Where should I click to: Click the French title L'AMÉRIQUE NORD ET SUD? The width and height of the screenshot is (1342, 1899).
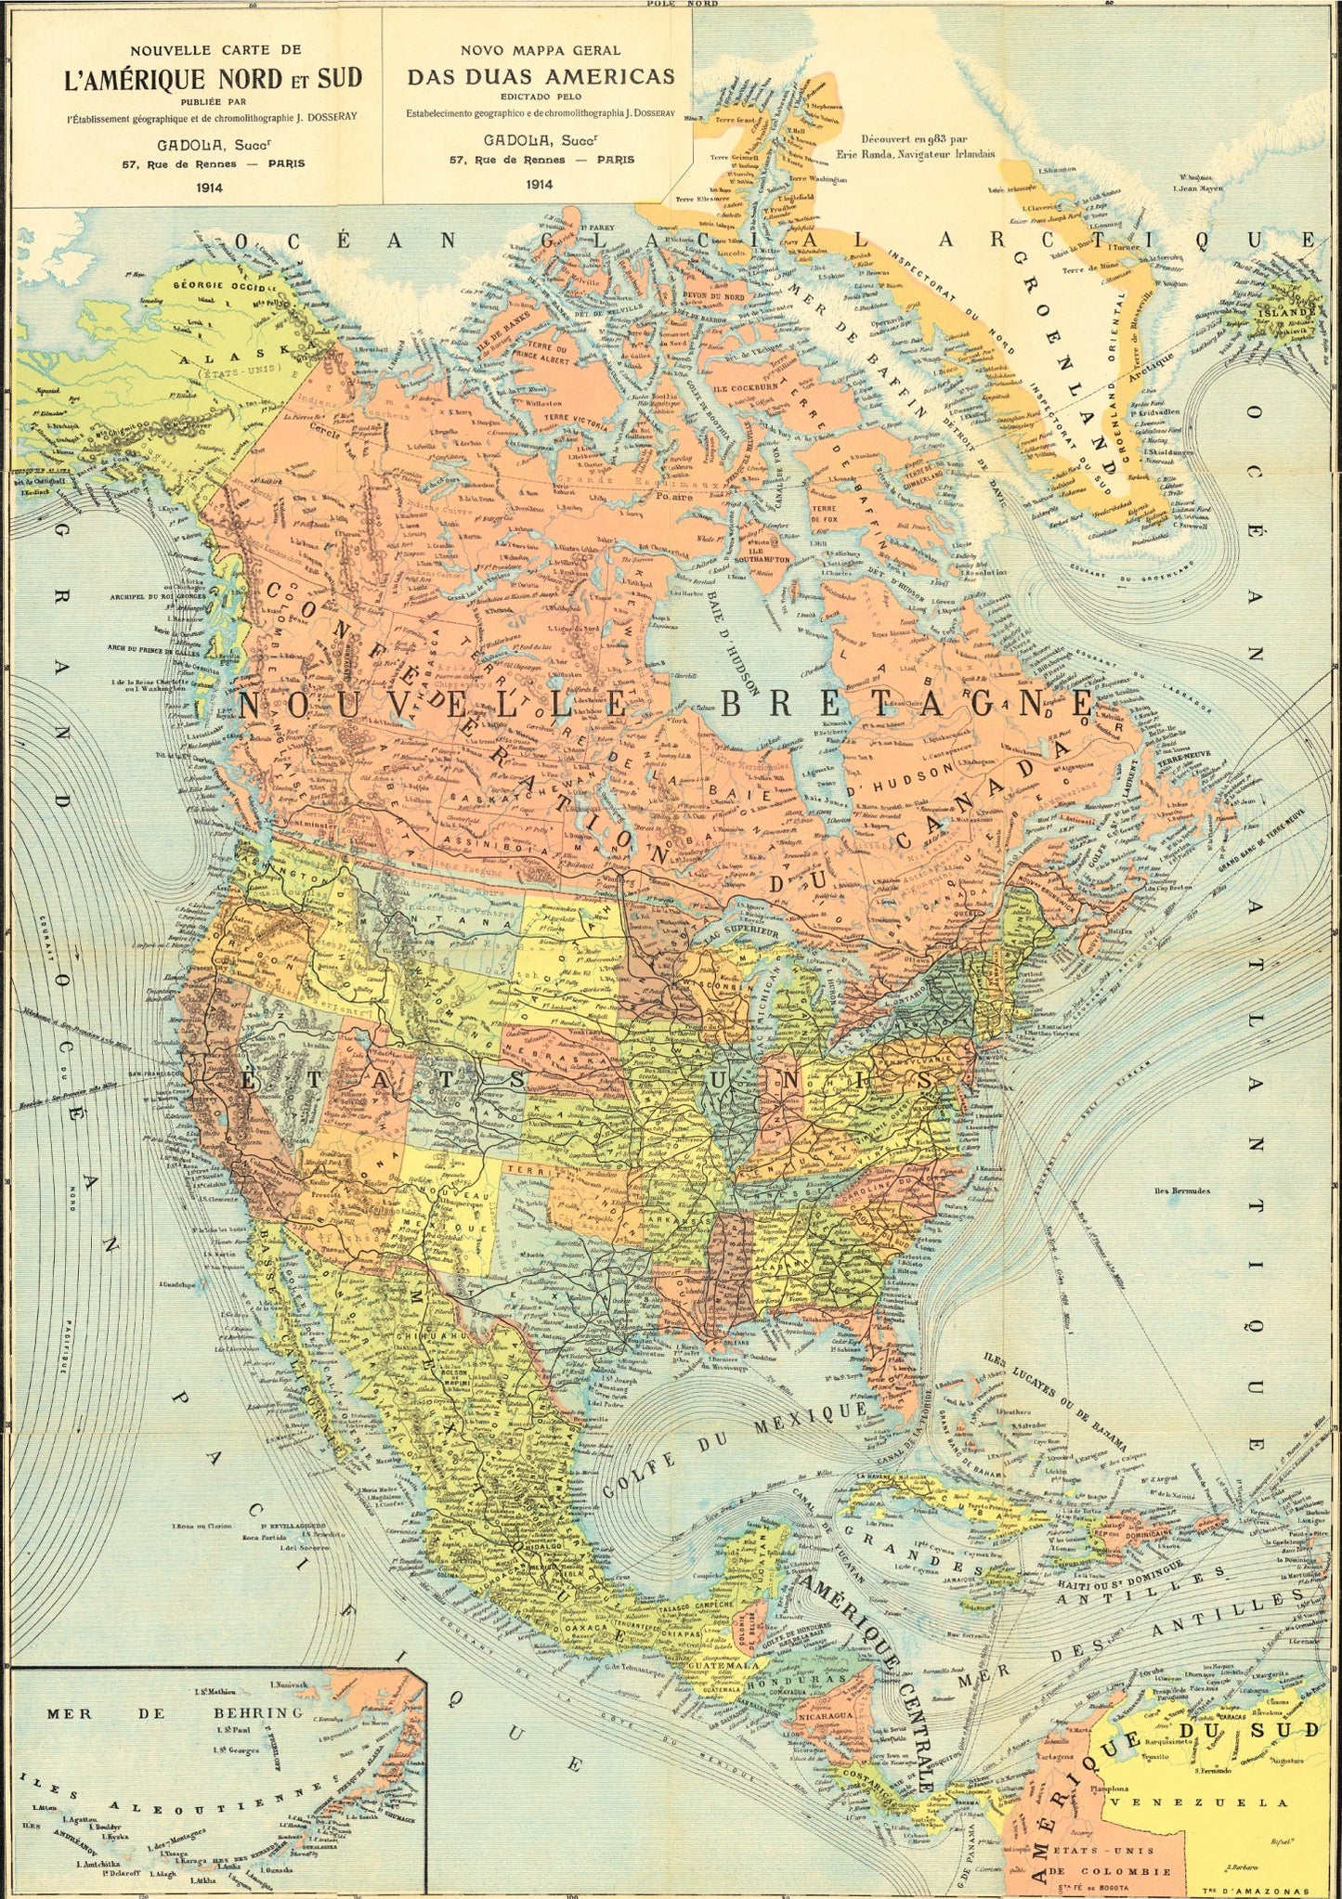[213, 78]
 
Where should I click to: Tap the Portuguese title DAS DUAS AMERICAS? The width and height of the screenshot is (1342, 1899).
[541, 76]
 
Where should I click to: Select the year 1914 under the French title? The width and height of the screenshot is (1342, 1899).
[213, 187]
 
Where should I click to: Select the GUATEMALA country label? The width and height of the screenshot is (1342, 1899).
[723, 1666]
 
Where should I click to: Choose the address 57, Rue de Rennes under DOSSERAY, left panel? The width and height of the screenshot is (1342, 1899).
[213, 163]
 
